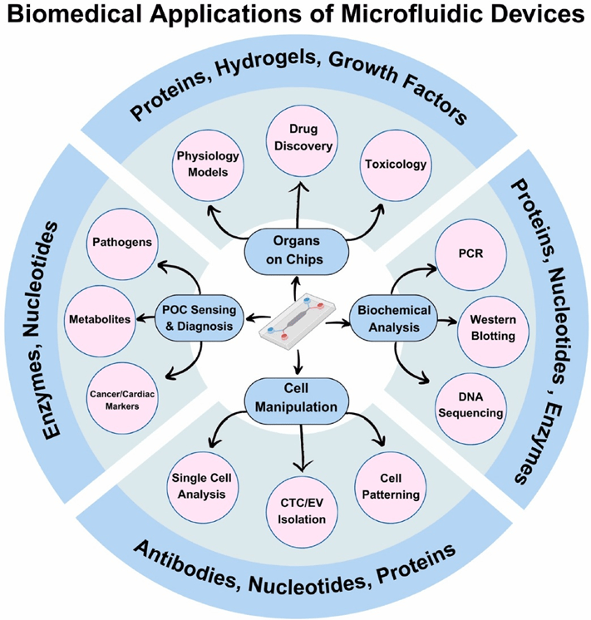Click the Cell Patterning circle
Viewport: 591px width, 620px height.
[x=391, y=481]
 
